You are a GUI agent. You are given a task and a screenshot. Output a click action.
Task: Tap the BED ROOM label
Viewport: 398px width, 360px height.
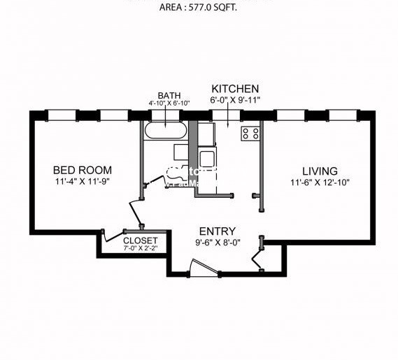click(x=83, y=170)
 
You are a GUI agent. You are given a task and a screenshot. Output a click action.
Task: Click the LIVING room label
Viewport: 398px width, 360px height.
click(x=320, y=171)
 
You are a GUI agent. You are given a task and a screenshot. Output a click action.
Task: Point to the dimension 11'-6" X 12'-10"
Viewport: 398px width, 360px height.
click(x=320, y=182)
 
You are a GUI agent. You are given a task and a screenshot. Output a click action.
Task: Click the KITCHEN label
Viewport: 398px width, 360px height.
click(x=235, y=89)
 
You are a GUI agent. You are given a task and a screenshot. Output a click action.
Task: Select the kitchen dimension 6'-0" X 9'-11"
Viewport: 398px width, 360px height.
click(x=235, y=99)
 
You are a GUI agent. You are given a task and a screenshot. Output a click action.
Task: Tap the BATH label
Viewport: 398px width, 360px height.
click(x=169, y=95)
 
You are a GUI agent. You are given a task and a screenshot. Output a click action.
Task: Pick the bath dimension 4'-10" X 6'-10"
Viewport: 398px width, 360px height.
click(x=169, y=103)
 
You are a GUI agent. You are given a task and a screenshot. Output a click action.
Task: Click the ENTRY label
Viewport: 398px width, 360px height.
click(x=217, y=231)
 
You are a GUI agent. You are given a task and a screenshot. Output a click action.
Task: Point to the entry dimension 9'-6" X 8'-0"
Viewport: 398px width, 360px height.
click(x=217, y=243)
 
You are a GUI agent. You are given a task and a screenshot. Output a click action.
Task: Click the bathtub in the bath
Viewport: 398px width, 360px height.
click(x=165, y=131)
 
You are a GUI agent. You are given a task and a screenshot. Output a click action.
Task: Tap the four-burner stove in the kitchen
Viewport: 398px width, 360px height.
click(x=250, y=133)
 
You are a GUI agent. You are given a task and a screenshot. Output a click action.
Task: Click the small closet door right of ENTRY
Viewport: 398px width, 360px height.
click(x=261, y=256)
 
